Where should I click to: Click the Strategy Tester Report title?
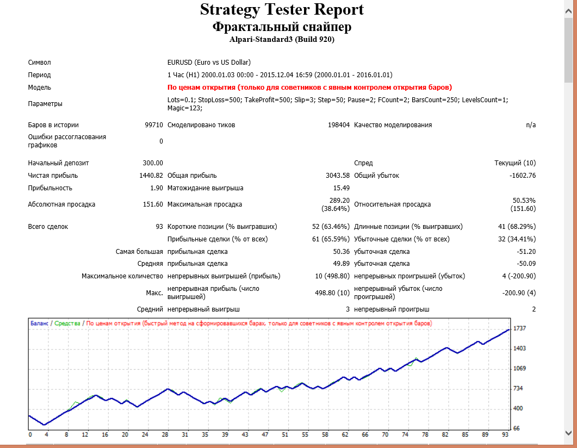pyautogui.click(x=282, y=10)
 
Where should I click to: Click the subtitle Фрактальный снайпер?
pyautogui.click(x=282, y=27)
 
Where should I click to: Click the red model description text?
pyautogui.click(x=309, y=88)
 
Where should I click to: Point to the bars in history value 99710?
pyautogui.click(x=153, y=125)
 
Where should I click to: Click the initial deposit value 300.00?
pyautogui.click(x=152, y=163)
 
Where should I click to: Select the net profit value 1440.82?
pyautogui.click(x=151, y=176)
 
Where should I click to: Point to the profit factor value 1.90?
pyautogui.click(x=156, y=188)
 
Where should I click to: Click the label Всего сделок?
pyautogui.click(x=48, y=227)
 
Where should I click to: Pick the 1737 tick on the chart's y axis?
pyautogui.click(x=520, y=328)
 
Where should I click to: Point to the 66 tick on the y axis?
pyautogui.click(x=517, y=428)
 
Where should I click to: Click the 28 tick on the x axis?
pyautogui.click(x=165, y=435)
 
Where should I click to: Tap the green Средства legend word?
pyautogui.click(x=67, y=323)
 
